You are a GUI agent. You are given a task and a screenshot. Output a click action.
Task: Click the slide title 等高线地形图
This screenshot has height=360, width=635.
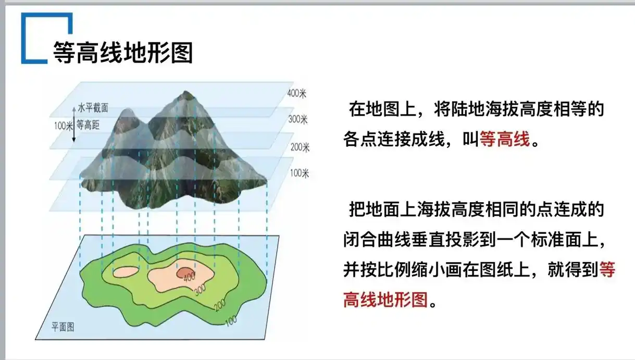coord(123,52)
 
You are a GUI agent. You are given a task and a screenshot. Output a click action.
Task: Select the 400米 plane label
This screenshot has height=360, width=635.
coord(297,94)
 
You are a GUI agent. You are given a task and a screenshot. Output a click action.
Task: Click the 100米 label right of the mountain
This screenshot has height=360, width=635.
coord(299,173)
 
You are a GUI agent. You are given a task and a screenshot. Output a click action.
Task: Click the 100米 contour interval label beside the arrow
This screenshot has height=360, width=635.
coord(63,125)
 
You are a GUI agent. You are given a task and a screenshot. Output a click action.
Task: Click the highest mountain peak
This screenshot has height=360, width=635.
coord(185,94)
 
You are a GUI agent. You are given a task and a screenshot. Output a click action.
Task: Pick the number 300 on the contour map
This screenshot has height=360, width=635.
coord(201,291)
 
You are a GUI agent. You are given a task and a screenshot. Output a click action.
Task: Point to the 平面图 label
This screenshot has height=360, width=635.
coord(63,327)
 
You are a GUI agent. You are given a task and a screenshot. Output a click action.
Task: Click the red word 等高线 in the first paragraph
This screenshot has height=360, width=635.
coord(504,139)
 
